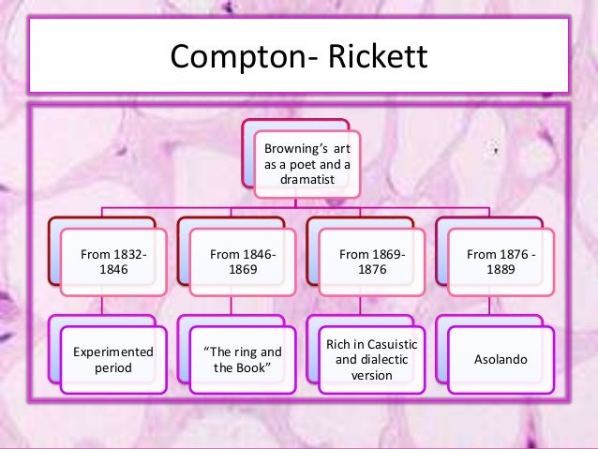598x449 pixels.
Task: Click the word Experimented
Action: click(x=113, y=352)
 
